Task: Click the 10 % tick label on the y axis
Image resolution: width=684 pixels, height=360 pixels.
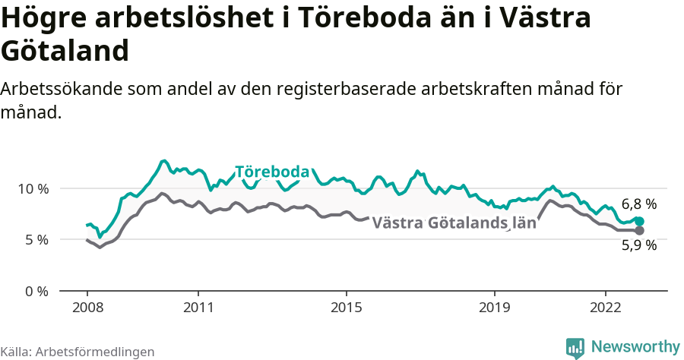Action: [31, 188]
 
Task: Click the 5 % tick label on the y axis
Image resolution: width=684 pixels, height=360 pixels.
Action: [35, 240]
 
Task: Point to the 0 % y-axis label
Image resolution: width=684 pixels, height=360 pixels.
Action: [35, 291]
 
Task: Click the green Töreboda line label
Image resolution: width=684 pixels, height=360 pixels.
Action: [272, 172]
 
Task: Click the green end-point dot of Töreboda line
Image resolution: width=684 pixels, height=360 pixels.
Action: [639, 221]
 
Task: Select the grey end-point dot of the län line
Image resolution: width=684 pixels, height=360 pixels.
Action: [639, 230]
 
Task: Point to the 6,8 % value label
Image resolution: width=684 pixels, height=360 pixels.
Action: [638, 204]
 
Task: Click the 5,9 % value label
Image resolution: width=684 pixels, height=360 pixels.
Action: [638, 245]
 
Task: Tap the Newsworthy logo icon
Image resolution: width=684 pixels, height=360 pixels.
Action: [575, 347]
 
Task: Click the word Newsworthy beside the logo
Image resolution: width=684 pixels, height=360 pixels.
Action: [635, 347]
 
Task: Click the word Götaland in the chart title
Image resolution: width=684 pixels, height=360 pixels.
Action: [65, 51]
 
